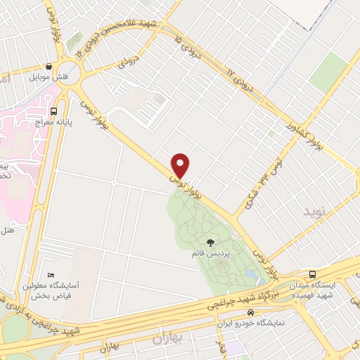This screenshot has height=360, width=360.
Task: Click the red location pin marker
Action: (x=181, y=165)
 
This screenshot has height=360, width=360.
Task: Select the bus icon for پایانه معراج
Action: (x=54, y=111)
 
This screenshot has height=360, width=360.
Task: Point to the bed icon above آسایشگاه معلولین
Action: (x=49, y=274)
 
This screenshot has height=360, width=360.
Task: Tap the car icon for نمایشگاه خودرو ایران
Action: (x=250, y=312)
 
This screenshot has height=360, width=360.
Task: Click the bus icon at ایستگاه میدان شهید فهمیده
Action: (x=312, y=275)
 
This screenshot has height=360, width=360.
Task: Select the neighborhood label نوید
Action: (x=316, y=211)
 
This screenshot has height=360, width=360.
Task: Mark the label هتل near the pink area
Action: (x=8, y=230)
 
